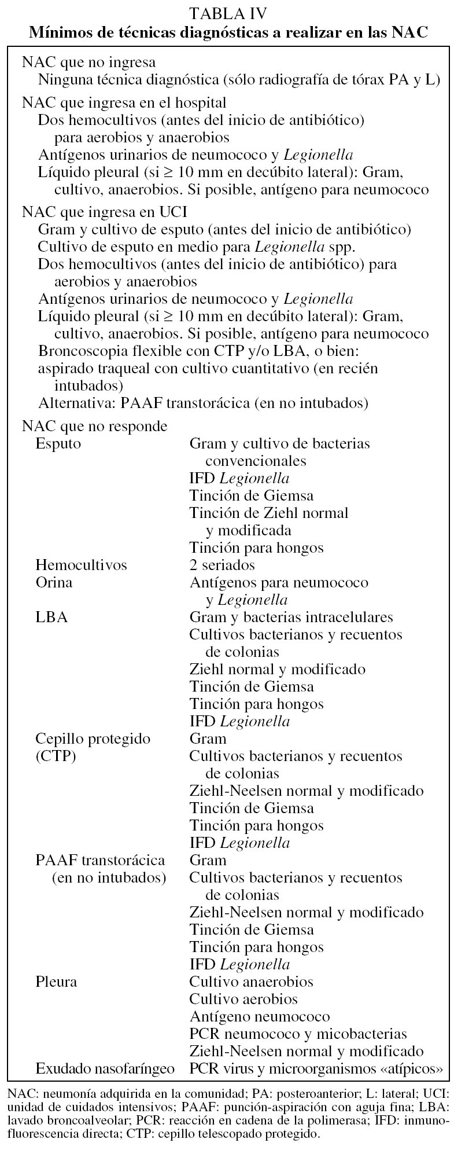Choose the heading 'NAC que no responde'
point(94,427)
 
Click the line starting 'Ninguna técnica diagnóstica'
point(239,79)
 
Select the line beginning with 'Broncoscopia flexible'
point(206,351)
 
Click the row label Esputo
point(58,444)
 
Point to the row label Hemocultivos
point(81,565)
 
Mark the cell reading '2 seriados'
point(222,565)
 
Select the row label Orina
point(54,582)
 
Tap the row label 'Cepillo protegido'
point(93,739)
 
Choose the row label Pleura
point(56,982)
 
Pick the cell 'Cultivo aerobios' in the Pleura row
point(243,999)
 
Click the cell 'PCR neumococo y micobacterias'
point(298,1034)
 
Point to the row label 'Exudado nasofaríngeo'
point(105,1068)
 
